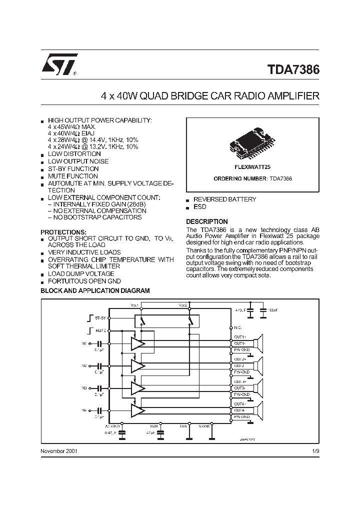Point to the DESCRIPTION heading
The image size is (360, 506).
pyautogui.click(x=206, y=221)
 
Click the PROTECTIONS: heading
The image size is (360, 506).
pyautogui.click(x=63, y=232)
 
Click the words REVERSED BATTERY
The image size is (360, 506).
pyautogui.click(x=224, y=199)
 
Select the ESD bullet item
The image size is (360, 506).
pyautogui.click(x=199, y=207)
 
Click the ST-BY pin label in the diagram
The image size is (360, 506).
pyautogui.click(x=100, y=317)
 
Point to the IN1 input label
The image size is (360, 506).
pyautogui.click(x=84, y=343)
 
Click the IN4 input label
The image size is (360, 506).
pyautogui.click(x=84, y=410)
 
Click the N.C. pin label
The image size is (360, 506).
pyautogui.click(x=237, y=327)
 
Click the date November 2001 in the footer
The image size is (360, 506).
pyautogui.click(x=58, y=450)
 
